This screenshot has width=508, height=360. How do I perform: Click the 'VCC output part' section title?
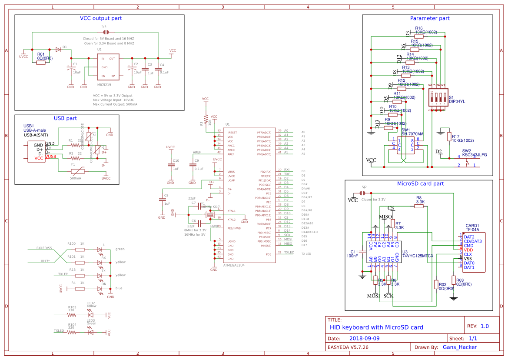click(x=101, y=18)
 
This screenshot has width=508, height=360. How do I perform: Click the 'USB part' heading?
click(x=65, y=118)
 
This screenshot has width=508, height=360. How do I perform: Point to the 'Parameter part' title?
click(x=430, y=18)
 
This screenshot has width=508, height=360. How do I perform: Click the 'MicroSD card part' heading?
click(x=420, y=183)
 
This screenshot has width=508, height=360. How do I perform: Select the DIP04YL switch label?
click(x=457, y=101)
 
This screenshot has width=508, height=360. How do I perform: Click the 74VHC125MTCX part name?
click(x=418, y=256)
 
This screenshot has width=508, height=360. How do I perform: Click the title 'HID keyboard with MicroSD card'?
click(x=376, y=327)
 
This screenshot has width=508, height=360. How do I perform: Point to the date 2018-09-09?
click(x=364, y=338)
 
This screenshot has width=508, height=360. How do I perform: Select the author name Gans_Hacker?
click(x=459, y=347)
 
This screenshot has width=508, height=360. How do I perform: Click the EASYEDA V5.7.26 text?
click(x=348, y=347)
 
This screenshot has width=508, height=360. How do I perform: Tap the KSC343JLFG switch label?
click(x=474, y=154)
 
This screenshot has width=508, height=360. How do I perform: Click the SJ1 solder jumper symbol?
click(x=105, y=32)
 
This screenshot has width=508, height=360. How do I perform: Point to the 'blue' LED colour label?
click(x=119, y=288)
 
